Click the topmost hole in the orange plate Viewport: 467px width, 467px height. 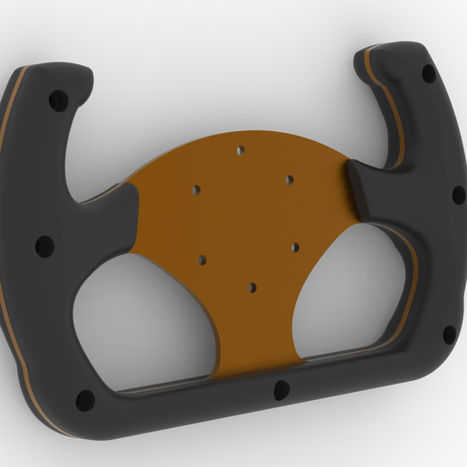tap(241, 151)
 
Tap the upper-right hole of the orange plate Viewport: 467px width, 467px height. tap(290, 180)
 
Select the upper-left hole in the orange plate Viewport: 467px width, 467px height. tap(196, 190)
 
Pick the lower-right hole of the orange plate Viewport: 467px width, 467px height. tap(295, 246)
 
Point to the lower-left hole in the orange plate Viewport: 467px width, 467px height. tap(202, 260)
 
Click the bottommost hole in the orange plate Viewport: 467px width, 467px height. tap(253, 288)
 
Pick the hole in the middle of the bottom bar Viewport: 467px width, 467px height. tap(281, 390)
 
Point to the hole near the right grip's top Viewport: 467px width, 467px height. tap(428, 72)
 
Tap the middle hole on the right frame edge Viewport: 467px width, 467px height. tap(458, 195)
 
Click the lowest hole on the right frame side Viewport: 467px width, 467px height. tap(449, 334)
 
